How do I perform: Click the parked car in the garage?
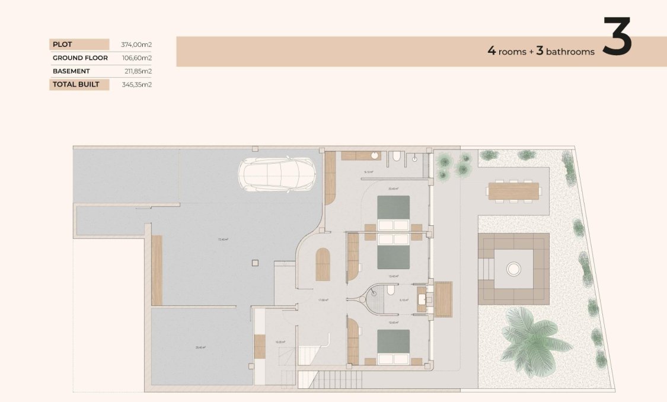point(276,175)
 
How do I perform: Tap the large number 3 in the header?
point(617,37)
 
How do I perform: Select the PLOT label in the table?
point(62,44)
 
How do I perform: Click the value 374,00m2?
point(137,44)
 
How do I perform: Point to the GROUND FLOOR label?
point(80,58)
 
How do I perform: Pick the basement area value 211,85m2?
point(137,71)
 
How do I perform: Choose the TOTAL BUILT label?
point(76,84)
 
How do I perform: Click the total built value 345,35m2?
point(137,84)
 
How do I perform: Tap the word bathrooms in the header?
point(570,52)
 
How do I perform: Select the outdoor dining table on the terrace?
point(513,191)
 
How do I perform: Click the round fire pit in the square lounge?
point(513,269)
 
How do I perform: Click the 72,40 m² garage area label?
point(223,240)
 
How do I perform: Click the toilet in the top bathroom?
point(396,157)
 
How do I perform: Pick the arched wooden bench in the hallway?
point(323,264)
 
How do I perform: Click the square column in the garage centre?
point(254,263)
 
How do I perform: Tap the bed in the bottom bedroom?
point(394,347)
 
